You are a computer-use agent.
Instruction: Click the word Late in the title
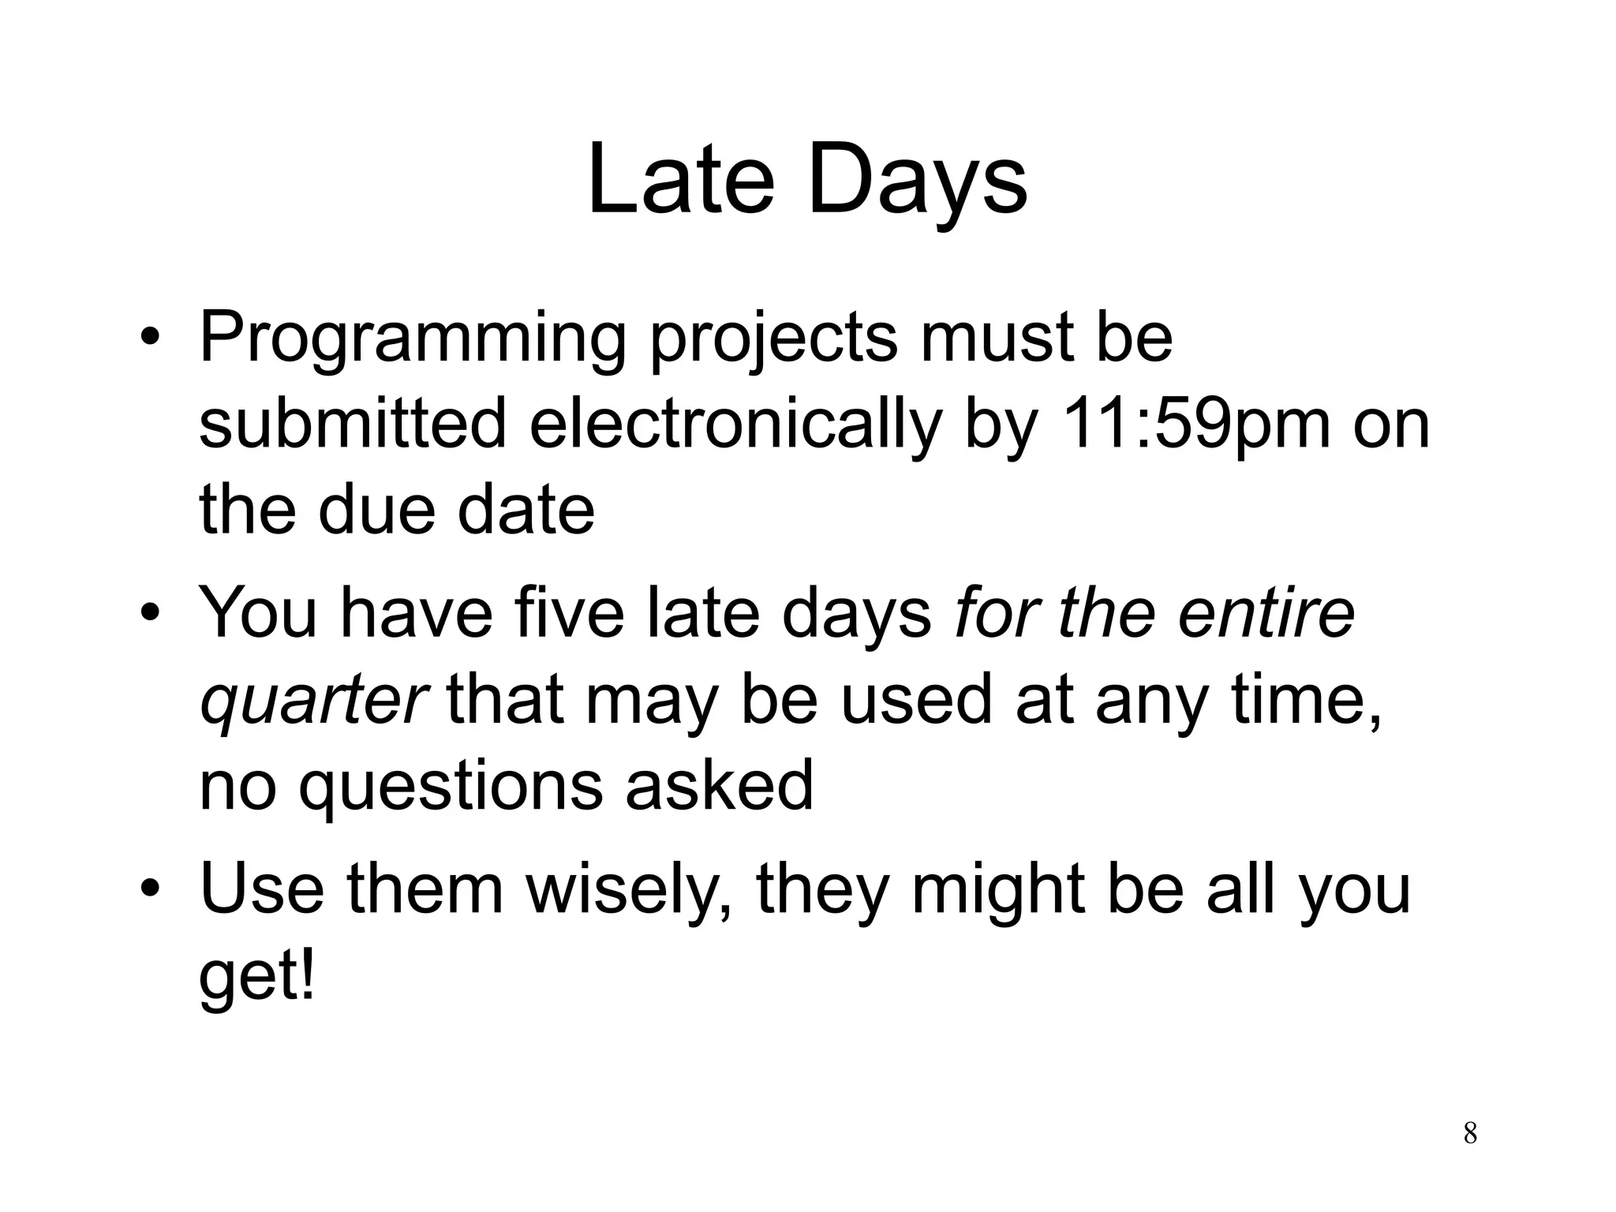click(680, 180)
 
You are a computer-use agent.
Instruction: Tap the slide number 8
click(1470, 1132)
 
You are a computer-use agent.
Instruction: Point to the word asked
click(719, 786)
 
